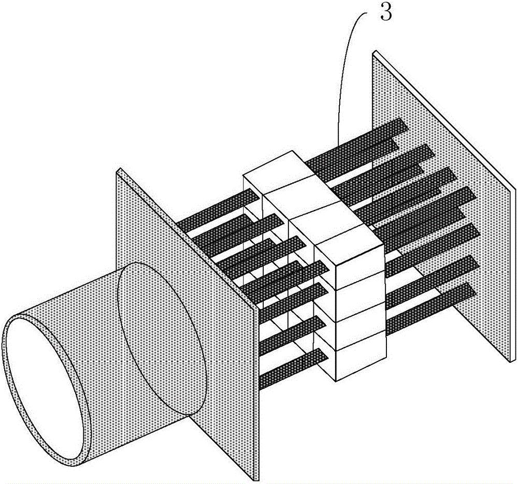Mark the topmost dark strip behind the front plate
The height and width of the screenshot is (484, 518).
click(218, 208)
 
